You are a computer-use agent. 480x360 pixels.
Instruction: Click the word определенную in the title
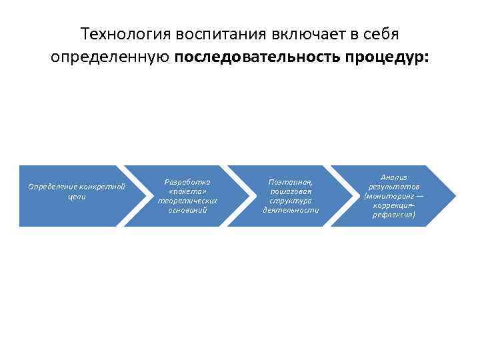pos(110,57)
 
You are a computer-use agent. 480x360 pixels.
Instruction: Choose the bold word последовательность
pos(258,57)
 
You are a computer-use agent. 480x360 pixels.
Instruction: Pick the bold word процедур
pos(388,57)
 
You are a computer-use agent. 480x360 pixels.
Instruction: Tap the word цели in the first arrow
pos(77,197)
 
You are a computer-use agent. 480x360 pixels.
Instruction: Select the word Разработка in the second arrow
pos(187,181)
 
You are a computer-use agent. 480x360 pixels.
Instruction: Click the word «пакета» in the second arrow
pos(187,191)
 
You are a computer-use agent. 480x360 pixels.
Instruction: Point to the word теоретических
pos(187,200)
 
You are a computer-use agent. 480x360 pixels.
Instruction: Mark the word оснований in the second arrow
pos(187,210)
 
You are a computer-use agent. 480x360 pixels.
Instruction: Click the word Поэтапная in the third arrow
pos(291,181)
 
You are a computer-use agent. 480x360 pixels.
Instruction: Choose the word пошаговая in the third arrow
pos(291,191)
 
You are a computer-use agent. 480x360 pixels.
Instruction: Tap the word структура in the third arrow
pos(291,200)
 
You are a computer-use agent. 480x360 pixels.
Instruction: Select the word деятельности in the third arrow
pos(291,210)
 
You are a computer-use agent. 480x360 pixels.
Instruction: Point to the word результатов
pos(393,187)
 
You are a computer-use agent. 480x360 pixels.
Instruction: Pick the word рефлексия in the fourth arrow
pos(393,215)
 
